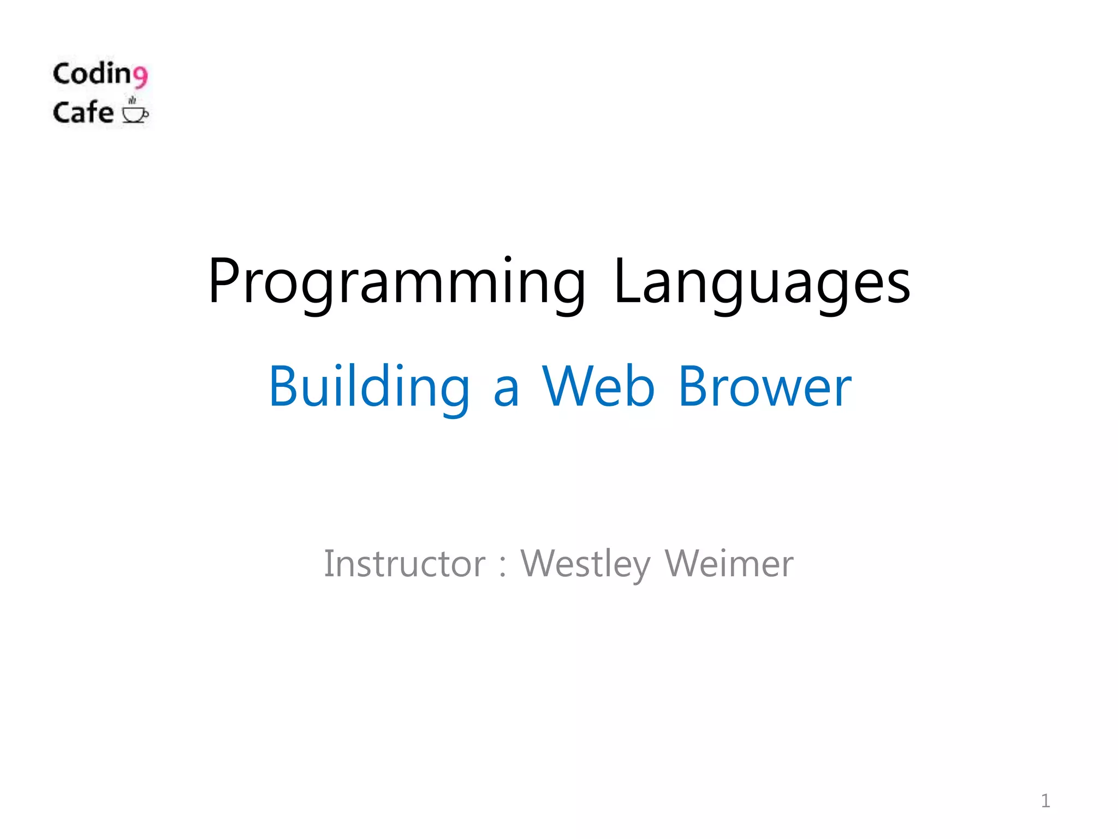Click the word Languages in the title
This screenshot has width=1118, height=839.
[762, 282]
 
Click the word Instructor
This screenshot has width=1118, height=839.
[405, 564]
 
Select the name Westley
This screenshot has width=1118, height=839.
[585, 564]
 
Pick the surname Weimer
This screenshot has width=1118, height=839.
[729, 564]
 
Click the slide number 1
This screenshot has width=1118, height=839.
[1045, 801]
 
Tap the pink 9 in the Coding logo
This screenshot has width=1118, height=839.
[140, 76]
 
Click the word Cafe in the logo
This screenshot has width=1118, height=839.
[83, 112]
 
